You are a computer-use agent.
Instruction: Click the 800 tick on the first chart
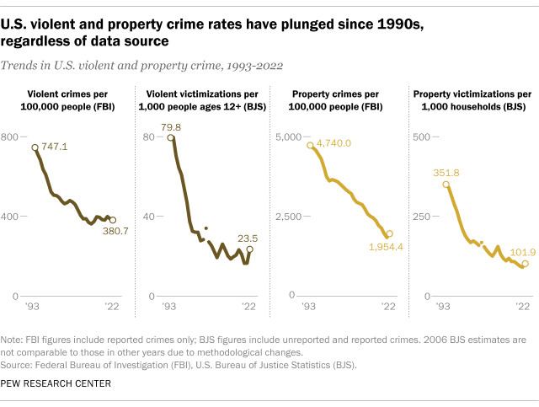tap(10, 137)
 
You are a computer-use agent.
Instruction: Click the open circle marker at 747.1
tap(35, 147)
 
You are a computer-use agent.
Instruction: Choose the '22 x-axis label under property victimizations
tap(522, 307)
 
